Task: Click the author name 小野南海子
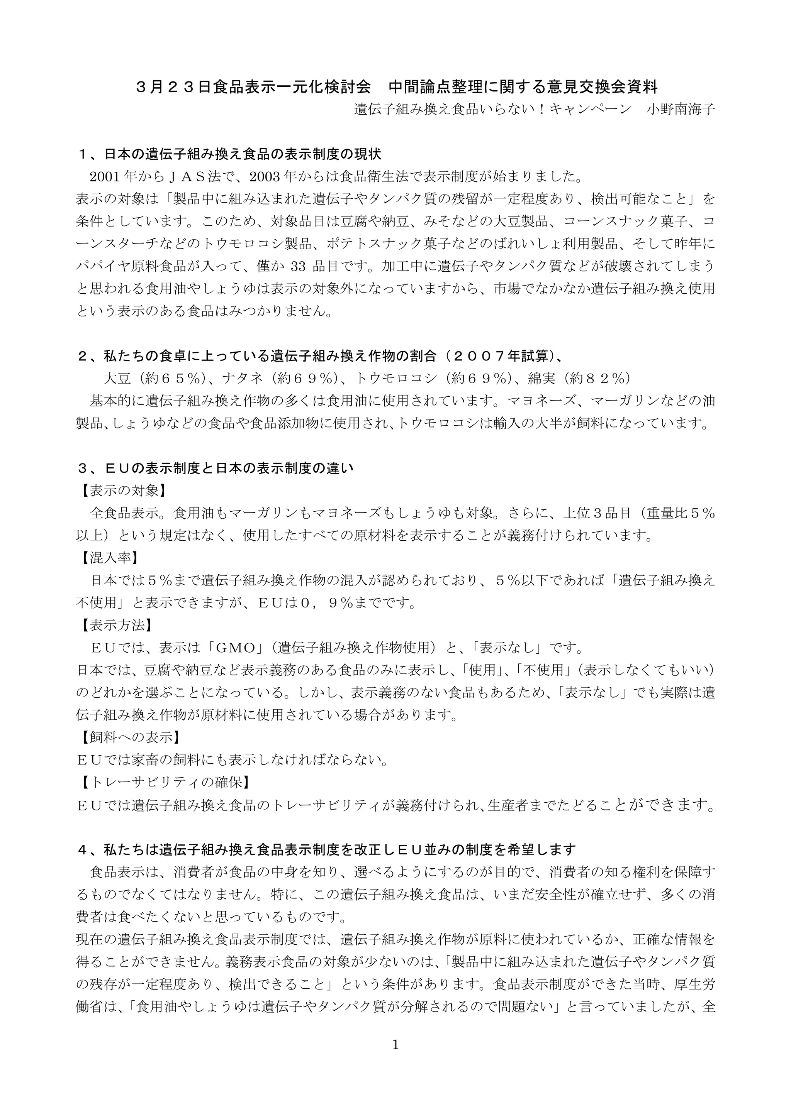pos(681,109)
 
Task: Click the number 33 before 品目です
pos(298,266)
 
